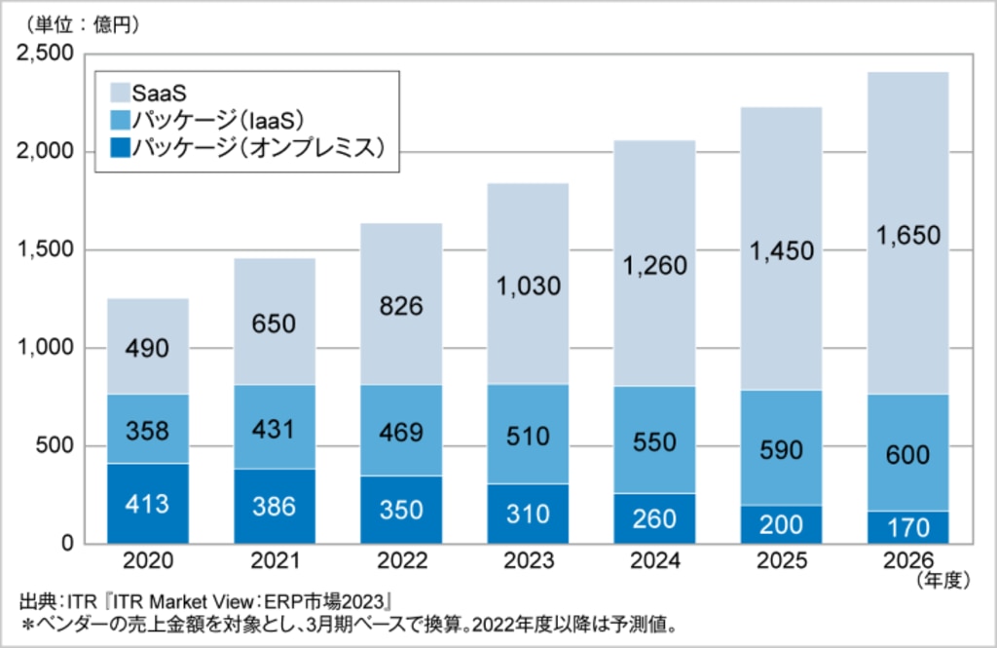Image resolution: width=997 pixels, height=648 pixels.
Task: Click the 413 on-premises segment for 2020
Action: (148, 504)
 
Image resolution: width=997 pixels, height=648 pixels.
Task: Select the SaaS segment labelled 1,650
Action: (907, 234)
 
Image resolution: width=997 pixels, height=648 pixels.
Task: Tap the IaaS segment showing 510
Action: (528, 435)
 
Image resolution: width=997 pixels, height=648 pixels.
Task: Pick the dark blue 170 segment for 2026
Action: (907, 527)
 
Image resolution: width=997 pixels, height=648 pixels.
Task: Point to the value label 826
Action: (401, 306)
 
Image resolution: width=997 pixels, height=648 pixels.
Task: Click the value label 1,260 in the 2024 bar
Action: (654, 265)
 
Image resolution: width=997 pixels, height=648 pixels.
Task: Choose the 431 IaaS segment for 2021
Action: (275, 427)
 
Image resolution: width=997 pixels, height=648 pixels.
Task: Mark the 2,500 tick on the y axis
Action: (46, 55)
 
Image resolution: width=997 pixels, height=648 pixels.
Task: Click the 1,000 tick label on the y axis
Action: (46, 348)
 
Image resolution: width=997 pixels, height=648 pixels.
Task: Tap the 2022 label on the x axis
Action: (401, 562)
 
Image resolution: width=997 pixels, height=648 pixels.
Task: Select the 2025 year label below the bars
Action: (781, 562)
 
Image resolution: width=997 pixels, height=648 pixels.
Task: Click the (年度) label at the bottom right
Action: (942, 581)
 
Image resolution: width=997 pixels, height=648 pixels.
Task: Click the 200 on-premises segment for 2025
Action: (781, 524)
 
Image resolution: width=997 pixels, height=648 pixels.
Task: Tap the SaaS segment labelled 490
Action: (148, 347)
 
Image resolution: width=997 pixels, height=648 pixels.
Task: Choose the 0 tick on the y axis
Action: (66, 544)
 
